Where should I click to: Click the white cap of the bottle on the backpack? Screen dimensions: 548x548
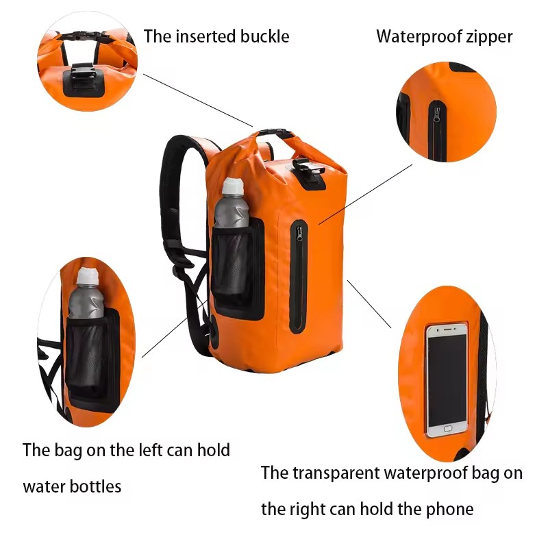[233, 186]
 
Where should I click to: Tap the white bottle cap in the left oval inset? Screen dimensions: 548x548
[88, 276]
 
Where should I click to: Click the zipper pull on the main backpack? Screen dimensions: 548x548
[299, 234]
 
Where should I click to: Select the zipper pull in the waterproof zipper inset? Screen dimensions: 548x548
[436, 115]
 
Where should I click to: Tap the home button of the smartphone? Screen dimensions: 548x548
[448, 428]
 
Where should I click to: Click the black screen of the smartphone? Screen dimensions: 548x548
[447, 378]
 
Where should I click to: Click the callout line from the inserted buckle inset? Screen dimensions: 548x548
[198, 100]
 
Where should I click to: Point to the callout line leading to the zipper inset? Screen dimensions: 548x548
[366, 194]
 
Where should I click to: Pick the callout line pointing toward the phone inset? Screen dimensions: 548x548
[369, 304]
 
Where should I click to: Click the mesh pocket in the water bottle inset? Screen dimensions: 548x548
[88, 353]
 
